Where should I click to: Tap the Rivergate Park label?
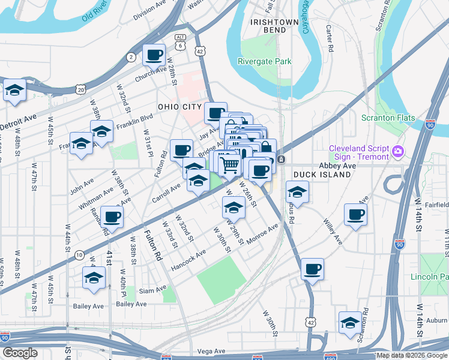(264, 61)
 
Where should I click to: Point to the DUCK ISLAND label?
(322, 175)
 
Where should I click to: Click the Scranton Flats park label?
(388, 118)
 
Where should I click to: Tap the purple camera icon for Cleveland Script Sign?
(397, 152)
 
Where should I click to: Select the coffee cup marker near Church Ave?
(154, 55)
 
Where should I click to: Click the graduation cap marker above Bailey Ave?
(94, 277)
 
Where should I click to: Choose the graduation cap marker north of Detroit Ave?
(14, 91)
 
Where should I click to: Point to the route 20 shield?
(80, 89)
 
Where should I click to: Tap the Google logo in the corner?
(20, 353)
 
